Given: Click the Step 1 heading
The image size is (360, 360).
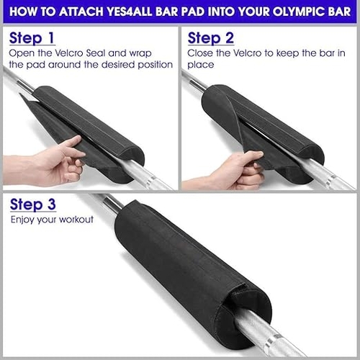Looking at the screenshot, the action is [x=32, y=38].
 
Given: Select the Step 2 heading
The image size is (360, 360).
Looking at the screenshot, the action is [x=211, y=38].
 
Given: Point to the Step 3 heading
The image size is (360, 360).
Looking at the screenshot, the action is [x=33, y=204].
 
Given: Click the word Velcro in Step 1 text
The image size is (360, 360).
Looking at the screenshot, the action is [x=69, y=53].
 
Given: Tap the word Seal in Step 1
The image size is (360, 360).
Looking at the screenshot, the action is [x=96, y=53].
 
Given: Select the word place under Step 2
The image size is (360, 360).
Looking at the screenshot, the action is [x=200, y=65].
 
